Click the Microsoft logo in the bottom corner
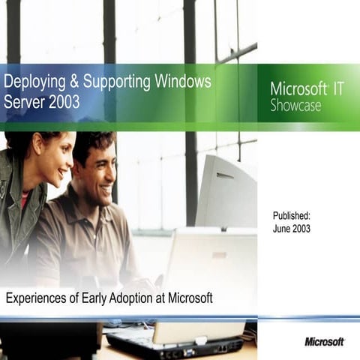[x=324, y=341]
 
